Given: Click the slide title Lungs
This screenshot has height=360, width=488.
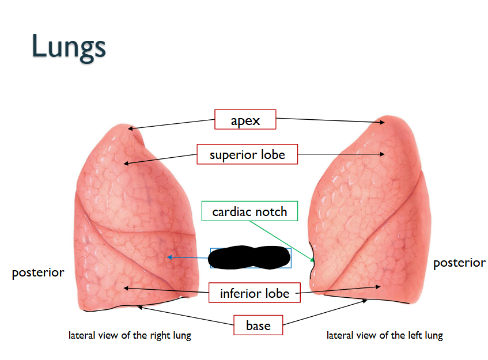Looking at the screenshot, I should coord(69,47).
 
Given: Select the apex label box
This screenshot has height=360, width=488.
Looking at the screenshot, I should coord(245,120).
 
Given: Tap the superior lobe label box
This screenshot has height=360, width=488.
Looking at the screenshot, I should coord(247,154).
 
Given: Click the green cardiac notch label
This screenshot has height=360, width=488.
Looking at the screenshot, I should coord(249,211).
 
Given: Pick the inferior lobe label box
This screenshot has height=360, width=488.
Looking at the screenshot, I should coord(254,293).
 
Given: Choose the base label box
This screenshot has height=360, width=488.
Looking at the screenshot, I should coord(258,325).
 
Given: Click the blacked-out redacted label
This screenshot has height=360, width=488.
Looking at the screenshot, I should coord(249,257).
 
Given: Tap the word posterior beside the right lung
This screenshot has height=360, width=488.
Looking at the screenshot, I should coord(38,272).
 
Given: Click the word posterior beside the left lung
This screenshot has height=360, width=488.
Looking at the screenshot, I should coord(459,263).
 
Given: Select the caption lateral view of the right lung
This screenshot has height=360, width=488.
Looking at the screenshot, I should coord(130,335).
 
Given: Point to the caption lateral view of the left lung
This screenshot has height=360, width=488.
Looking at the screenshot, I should coord(384,335).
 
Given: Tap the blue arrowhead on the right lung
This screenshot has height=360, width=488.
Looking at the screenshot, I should coord(168,257).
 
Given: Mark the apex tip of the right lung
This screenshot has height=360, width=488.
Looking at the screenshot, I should coord(130,127).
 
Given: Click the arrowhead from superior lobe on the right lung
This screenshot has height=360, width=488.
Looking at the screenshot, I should coord(125,164).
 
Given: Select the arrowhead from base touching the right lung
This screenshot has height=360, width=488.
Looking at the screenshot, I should coord(138,307).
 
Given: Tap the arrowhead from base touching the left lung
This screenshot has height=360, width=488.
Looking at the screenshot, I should coord(367,299).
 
